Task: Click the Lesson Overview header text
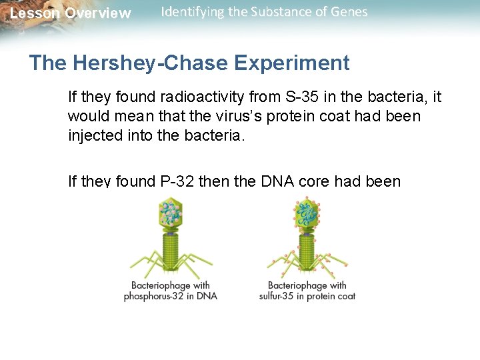point(71,13)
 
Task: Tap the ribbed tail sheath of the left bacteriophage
point(171,250)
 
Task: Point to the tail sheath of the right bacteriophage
point(307,250)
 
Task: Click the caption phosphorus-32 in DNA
point(171,296)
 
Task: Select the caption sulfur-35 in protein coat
point(307,296)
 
